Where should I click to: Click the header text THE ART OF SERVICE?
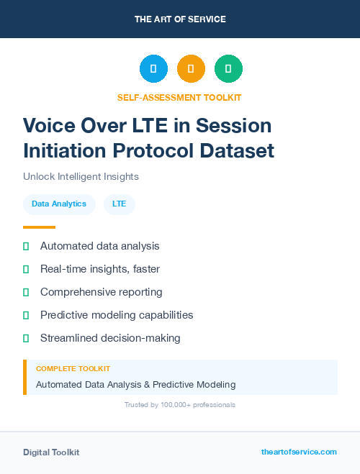[x=180, y=19]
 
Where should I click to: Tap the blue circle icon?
[x=153, y=69]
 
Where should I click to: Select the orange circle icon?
[x=191, y=69]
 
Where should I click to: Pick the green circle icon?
[x=228, y=69]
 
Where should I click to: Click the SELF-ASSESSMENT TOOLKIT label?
[x=179, y=97]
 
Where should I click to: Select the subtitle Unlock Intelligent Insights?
[x=81, y=176]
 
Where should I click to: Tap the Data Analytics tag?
[x=59, y=204]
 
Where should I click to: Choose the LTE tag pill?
[x=119, y=204]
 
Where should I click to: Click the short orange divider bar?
[x=39, y=227]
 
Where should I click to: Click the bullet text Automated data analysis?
[x=99, y=246]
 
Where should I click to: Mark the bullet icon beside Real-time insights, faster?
[x=26, y=269]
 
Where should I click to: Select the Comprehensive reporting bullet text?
[x=101, y=292]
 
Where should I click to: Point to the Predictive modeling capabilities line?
[x=117, y=315]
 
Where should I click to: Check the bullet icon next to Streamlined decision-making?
[x=26, y=338]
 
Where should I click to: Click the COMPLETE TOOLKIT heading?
[x=73, y=368]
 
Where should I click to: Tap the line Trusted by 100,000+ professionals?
[x=180, y=405]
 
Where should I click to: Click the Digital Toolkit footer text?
[x=51, y=452]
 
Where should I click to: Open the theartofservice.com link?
[x=299, y=452]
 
